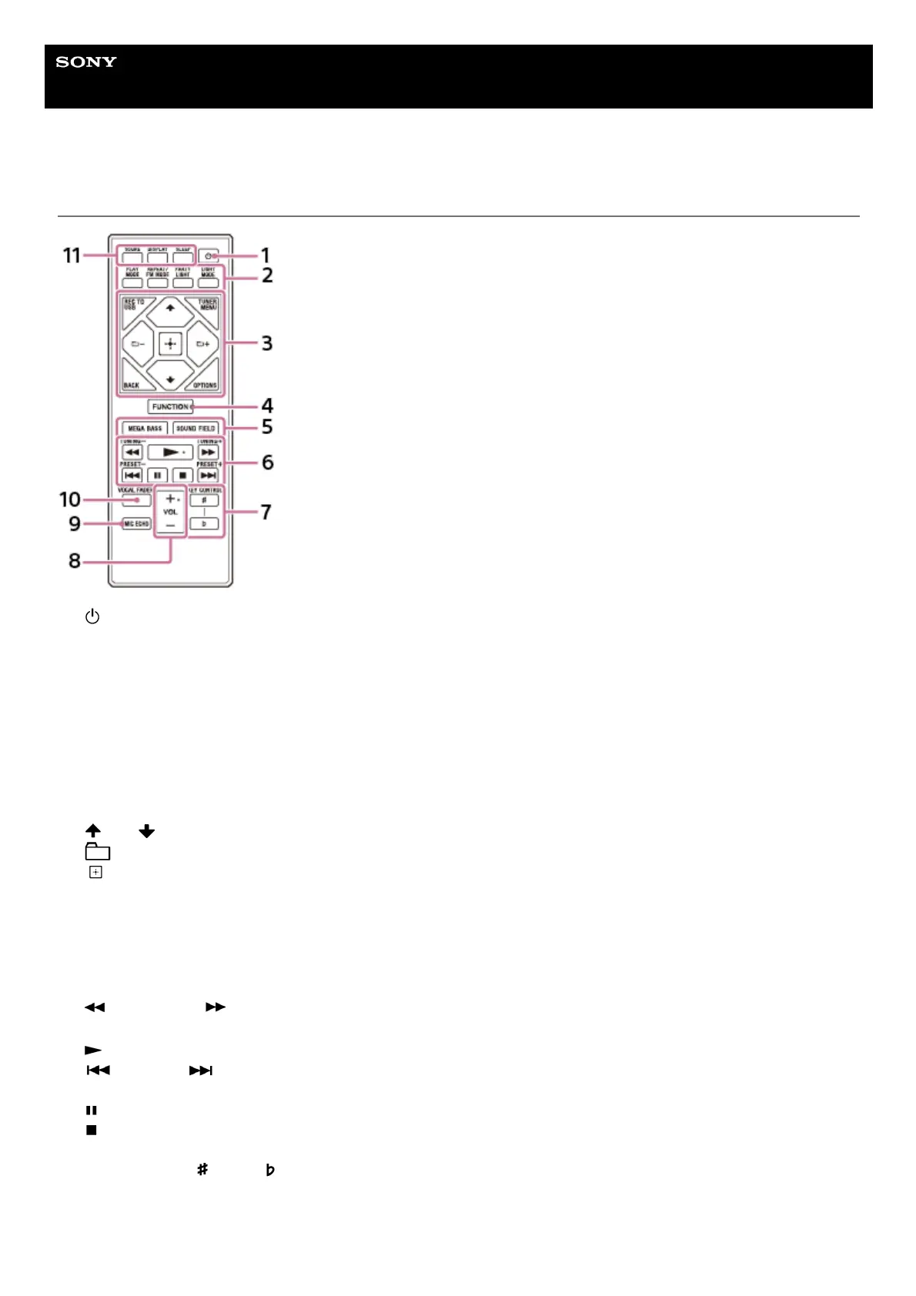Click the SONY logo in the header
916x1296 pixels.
pyautogui.click(x=86, y=62)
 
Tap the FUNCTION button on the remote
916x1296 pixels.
pyautogui.click(x=171, y=406)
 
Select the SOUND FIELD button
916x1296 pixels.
pyautogui.click(x=196, y=428)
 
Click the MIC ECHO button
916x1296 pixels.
pyautogui.click(x=136, y=523)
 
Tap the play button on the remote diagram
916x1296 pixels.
pyautogui.click(x=170, y=453)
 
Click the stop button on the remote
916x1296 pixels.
pyautogui.click(x=182, y=476)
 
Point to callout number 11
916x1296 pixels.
pyautogui.click(x=72, y=256)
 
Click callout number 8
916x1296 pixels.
pyautogui.click(x=74, y=561)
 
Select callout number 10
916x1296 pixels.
pyautogui.click(x=70, y=499)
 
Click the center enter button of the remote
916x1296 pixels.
pyautogui.click(x=170, y=343)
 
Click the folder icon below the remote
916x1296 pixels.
pyautogui.click(x=97, y=851)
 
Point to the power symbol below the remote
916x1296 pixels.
pyautogui.click(x=92, y=616)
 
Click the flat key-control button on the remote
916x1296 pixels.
pyautogui.click(x=204, y=524)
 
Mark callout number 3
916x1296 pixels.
pyautogui.click(x=266, y=343)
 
